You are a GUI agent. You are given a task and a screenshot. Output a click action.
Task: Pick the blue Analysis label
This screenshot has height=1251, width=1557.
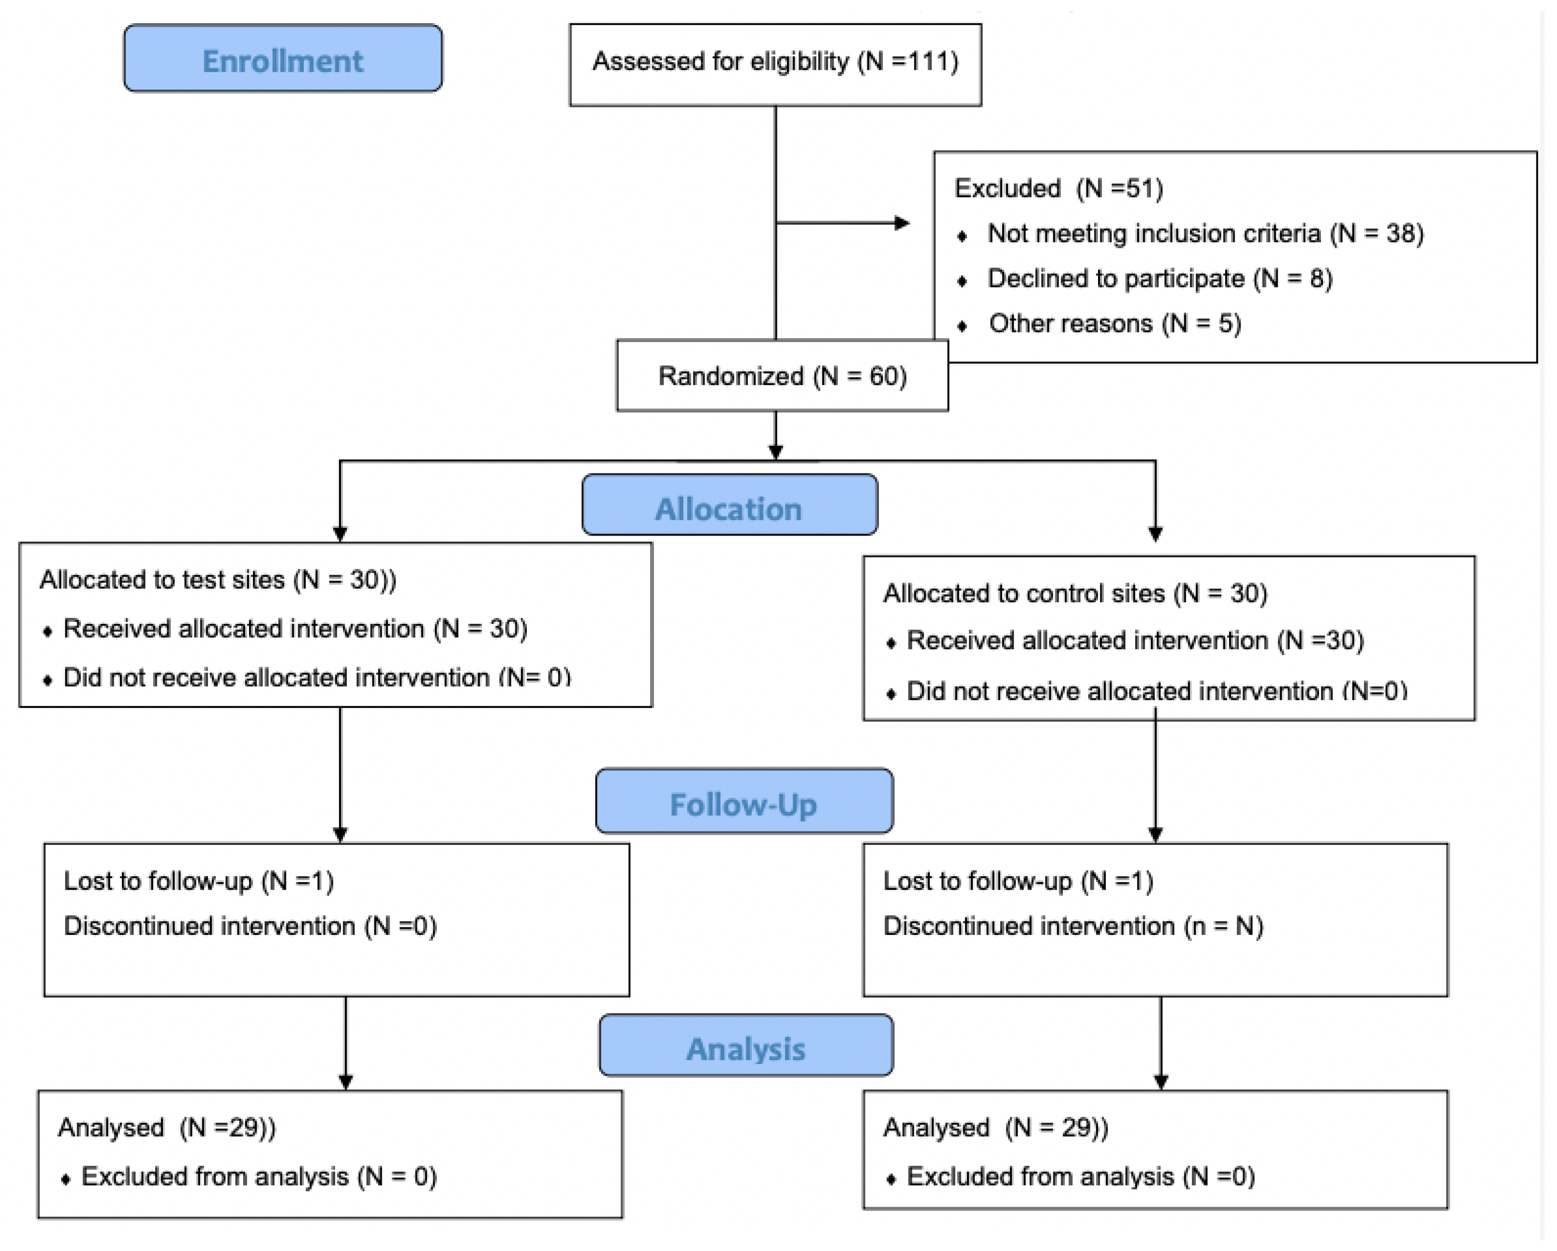(x=746, y=1049)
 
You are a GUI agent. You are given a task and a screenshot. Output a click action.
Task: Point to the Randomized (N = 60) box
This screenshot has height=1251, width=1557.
(x=782, y=376)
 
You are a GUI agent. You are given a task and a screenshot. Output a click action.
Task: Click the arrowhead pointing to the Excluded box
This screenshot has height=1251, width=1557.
(x=902, y=223)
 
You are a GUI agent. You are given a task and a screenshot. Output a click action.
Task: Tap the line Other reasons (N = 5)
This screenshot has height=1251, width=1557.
(x=1114, y=324)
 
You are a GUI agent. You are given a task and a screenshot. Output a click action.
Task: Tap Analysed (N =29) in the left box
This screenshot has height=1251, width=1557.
(x=166, y=1128)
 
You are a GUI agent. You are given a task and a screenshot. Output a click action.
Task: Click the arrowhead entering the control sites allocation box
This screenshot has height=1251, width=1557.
(x=1155, y=535)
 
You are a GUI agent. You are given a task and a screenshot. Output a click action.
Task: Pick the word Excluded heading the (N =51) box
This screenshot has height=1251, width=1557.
(x=1007, y=188)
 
